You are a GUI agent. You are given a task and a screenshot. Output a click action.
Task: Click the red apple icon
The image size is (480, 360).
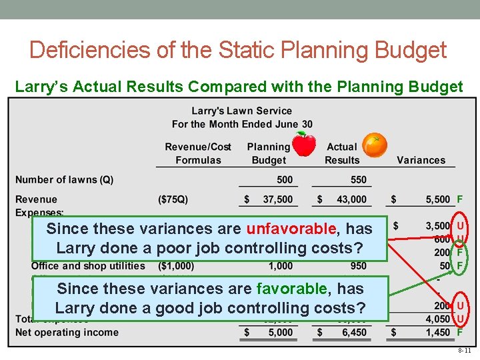[x=305, y=143]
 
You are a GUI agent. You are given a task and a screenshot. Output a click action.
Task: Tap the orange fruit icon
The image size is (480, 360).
[x=375, y=145]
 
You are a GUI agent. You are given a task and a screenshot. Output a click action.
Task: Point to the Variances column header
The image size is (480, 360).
[x=421, y=160]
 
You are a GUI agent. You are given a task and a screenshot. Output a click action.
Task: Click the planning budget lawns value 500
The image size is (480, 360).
[x=285, y=179]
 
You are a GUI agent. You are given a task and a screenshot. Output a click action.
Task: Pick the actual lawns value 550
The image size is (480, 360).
[x=358, y=179]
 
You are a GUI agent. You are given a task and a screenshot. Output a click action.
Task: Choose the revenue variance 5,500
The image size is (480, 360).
[x=438, y=199]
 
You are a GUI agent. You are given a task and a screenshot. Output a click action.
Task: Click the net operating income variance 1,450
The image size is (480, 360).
[x=438, y=332]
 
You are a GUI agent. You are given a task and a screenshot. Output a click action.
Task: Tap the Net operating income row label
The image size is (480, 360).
[x=67, y=332]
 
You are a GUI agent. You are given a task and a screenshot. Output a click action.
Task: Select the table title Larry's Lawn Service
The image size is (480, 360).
[x=241, y=111]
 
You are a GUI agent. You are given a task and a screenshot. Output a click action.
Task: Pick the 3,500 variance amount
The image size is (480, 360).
[x=438, y=227]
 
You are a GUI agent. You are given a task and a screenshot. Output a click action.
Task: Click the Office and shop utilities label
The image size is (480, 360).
[x=88, y=266]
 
